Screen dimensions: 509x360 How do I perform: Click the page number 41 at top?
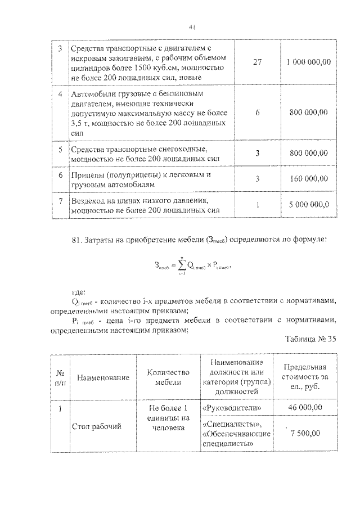[191, 27]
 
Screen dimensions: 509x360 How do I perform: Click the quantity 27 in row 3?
[258, 62]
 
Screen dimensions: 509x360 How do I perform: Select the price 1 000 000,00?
[309, 62]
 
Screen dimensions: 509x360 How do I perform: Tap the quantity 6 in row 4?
[258, 112]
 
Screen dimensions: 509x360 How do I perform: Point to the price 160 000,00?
[309, 179]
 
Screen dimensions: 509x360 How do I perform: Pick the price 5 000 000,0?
[309, 205]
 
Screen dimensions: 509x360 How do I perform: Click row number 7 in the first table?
[60, 200]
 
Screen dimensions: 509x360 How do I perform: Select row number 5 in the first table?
[60, 149]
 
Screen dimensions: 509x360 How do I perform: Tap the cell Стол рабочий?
[97, 427]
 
